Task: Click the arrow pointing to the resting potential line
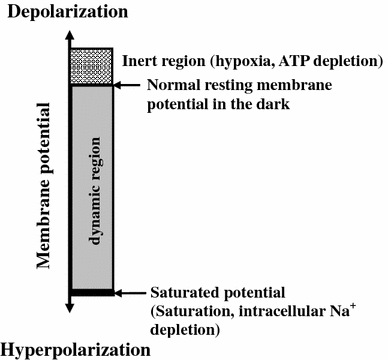tap(129, 86)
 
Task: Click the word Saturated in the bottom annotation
tap(186, 292)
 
